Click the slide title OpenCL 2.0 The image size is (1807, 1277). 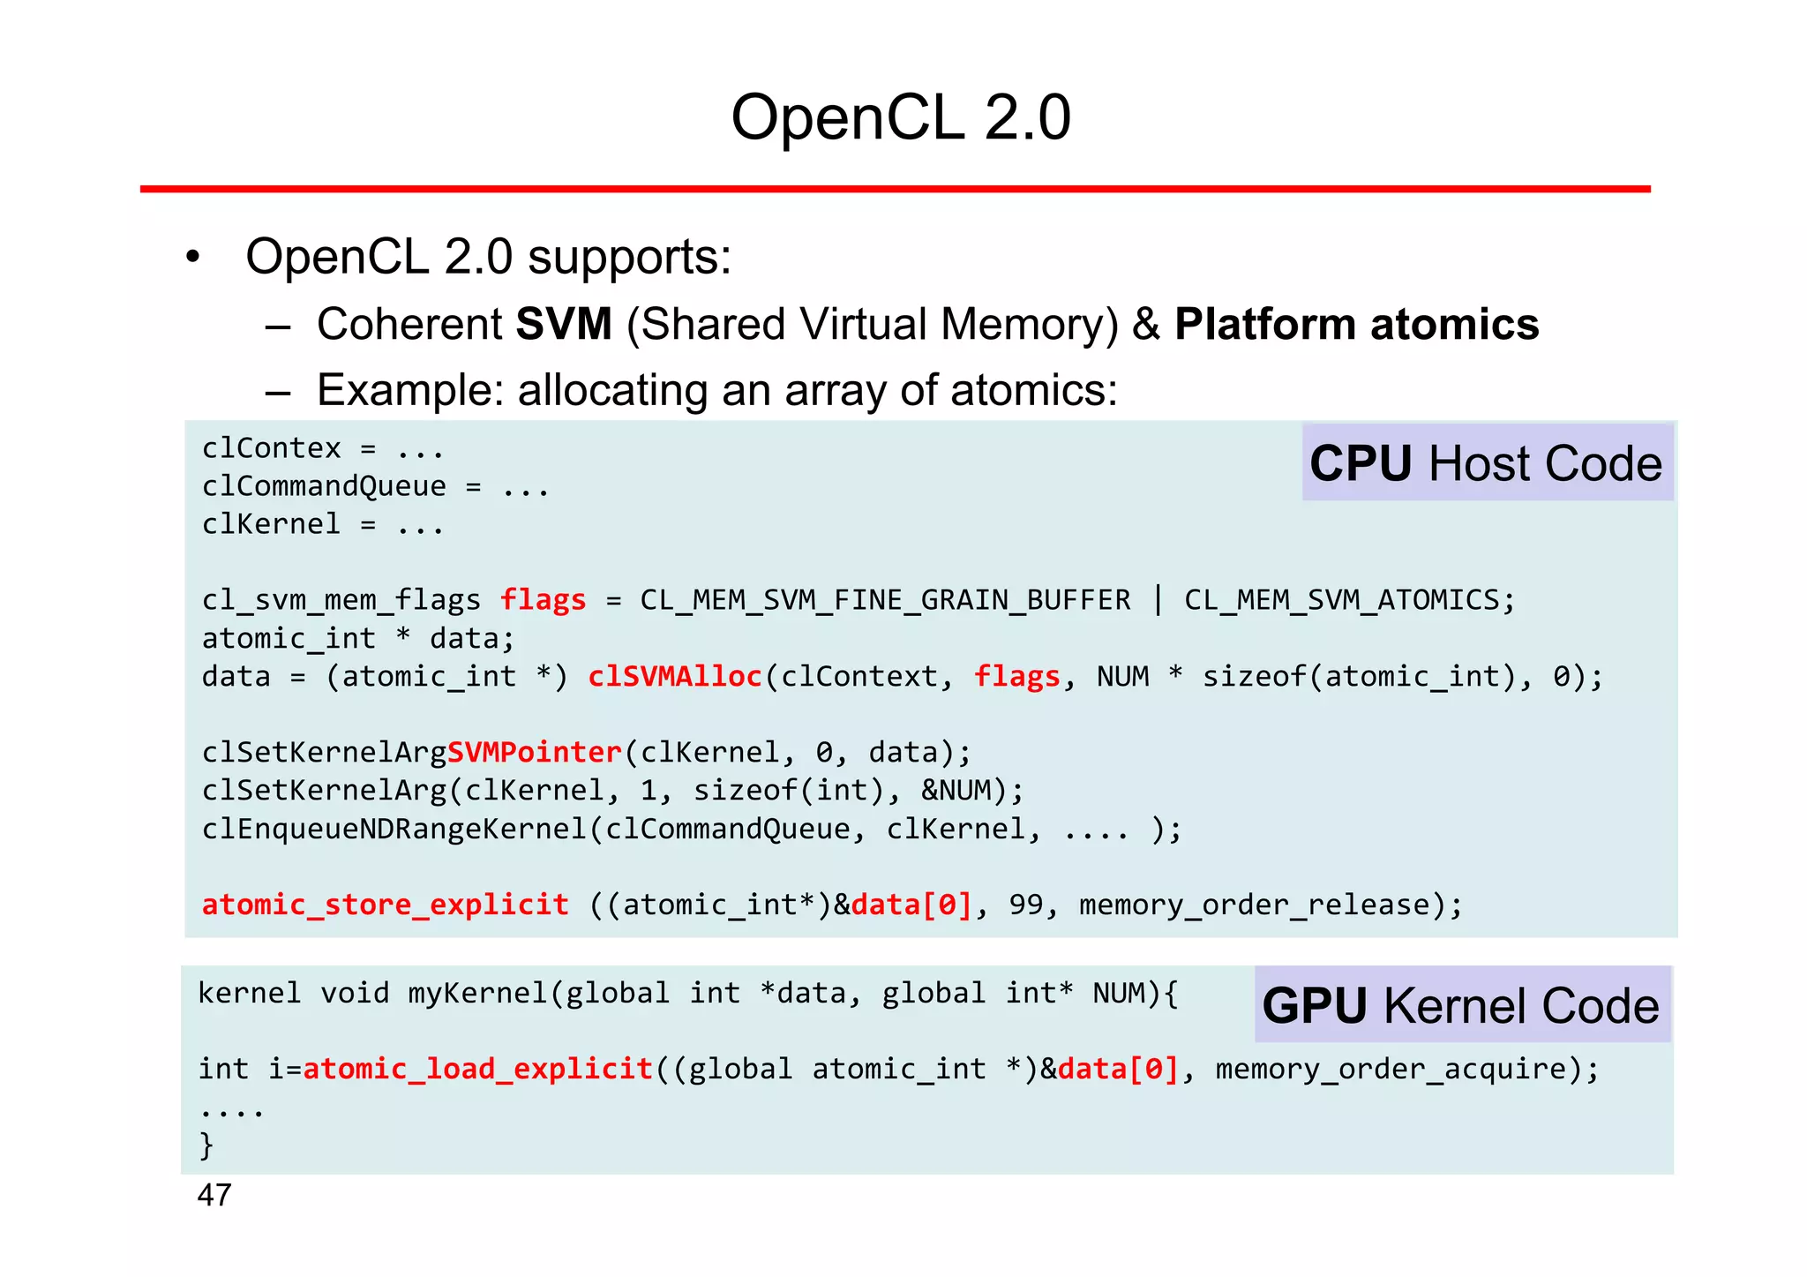[x=901, y=117]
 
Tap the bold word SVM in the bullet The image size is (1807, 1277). [x=563, y=324]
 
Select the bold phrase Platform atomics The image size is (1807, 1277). [x=1356, y=324]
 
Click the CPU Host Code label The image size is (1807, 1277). [x=1486, y=463]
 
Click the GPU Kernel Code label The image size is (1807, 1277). [x=1460, y=1005]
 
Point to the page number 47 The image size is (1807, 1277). [x=214, y=1195]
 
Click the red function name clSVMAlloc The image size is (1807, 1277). [x=674, y=677]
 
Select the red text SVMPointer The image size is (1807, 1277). [x=534, y=753]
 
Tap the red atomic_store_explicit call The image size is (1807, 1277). [x=385, y=905]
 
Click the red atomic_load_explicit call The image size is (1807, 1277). [x=476, y=1070]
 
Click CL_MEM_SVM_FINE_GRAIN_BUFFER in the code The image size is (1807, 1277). [x=885, y=601]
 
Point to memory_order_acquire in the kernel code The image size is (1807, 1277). [x=1390, y=1070]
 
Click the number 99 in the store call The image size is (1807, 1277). [x=1025, y=905]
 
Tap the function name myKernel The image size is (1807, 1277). [x=477, y=994]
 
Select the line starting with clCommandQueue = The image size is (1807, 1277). [x=375, y=487]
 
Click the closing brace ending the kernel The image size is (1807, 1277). [x=206, y=1146]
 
